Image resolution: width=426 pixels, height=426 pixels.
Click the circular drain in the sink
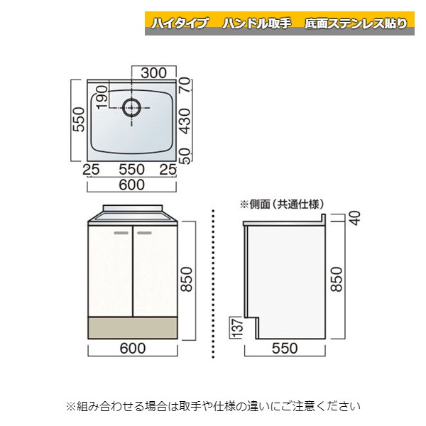[x=132, y=108]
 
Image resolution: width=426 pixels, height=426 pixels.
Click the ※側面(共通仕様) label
[x=277, y=204]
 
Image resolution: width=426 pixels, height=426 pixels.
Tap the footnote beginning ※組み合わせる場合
[x=213, y=407]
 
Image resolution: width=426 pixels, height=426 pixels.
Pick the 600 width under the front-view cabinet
[x=132, y=348]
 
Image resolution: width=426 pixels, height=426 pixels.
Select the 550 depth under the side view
[x=283, y=348]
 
